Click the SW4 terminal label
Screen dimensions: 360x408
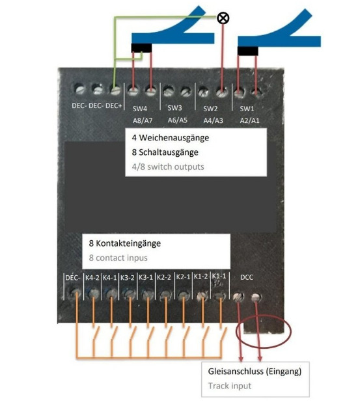point(140,108)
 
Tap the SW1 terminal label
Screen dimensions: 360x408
point(247,108)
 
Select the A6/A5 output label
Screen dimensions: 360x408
point(178,120)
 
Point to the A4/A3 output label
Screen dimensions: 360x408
point(213,120)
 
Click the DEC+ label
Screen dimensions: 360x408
point(114,105)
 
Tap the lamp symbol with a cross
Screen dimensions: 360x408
point(223,18)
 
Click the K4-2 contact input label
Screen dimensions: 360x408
point(92,278)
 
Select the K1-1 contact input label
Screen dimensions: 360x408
point(219,276)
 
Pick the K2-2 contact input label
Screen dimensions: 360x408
point(164,277)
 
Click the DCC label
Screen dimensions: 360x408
point(247,277)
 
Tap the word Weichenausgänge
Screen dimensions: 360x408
point(174,138)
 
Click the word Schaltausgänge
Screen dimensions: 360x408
point(169,152)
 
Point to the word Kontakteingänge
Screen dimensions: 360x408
point(128,243)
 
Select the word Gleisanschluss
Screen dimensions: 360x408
point(236,372)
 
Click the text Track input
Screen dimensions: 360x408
point(230,386)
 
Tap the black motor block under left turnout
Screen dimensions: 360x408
point(141,48)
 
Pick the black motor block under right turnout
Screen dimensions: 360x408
point(248,51)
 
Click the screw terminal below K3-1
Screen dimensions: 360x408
point(147,295)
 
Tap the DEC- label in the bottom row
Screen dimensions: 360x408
point(73,278)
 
